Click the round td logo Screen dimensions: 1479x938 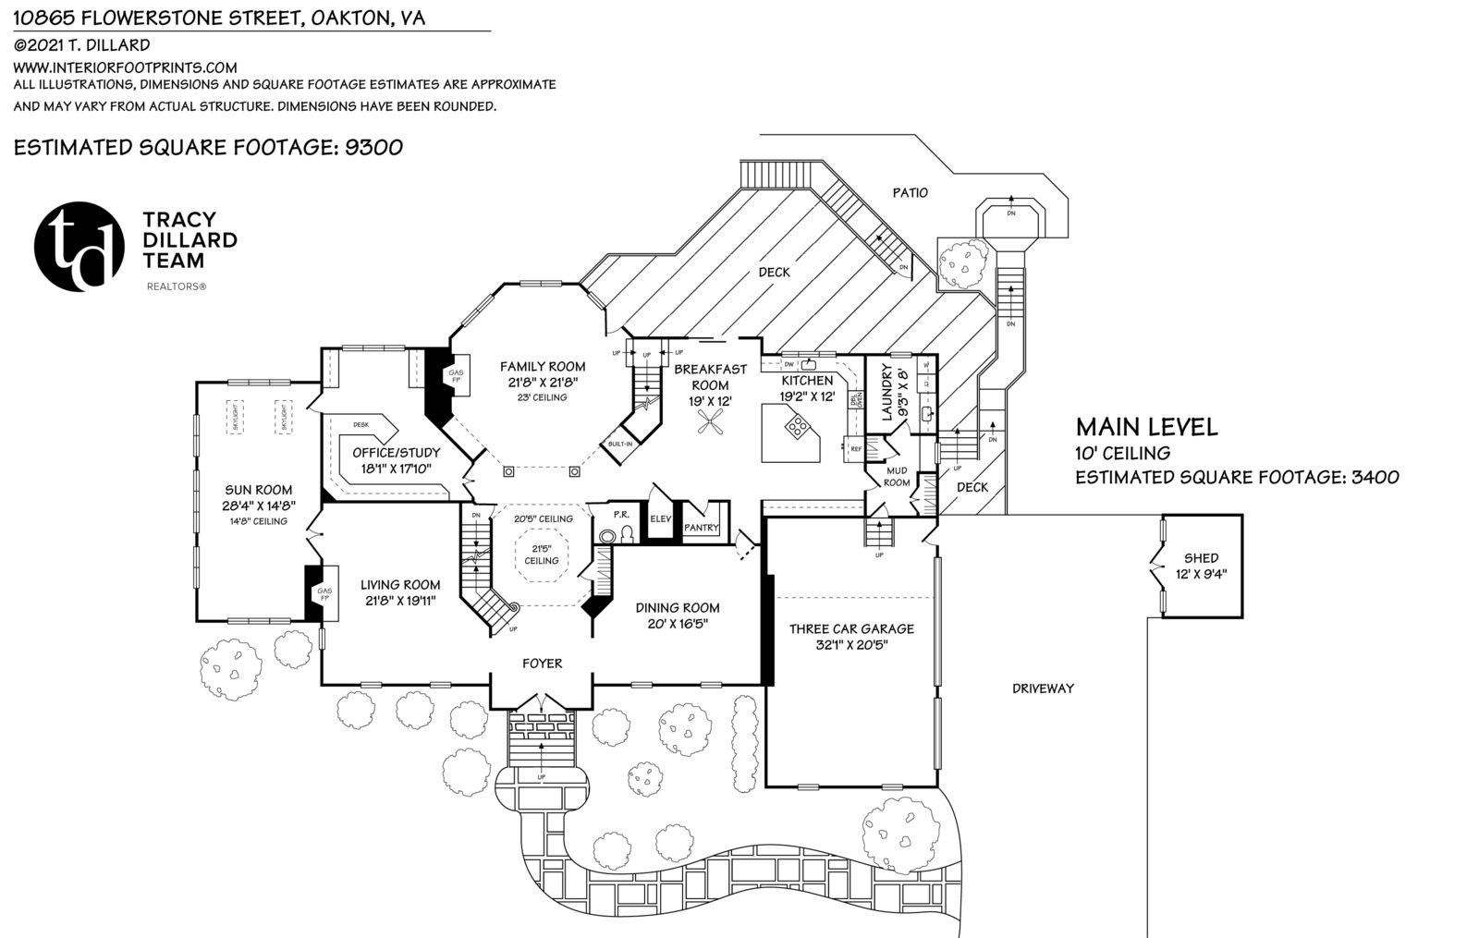click(79, 246)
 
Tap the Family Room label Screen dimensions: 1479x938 click(542, 366)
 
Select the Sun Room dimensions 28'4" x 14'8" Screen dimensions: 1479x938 click(258, 506)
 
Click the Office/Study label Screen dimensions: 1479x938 click(396, 453)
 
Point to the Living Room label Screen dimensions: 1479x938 click(400, 584)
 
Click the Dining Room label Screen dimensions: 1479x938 click(678, 607)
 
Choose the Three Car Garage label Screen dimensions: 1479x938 click(851, 629)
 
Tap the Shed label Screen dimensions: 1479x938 click(1201, 558)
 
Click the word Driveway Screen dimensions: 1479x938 click(1043, 688)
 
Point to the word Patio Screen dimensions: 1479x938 click(910, 193)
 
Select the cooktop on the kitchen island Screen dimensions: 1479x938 click(794, 426)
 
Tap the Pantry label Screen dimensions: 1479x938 click(702, 528)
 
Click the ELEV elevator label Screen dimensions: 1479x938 click(660, 519)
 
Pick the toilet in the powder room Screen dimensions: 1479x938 click(627, 533)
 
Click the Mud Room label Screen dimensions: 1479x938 click(897, 476)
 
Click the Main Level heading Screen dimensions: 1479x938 click(1146, 427)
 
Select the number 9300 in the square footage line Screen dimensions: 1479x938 click(373, 147)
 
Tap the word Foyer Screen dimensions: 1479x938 click(542, 663)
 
